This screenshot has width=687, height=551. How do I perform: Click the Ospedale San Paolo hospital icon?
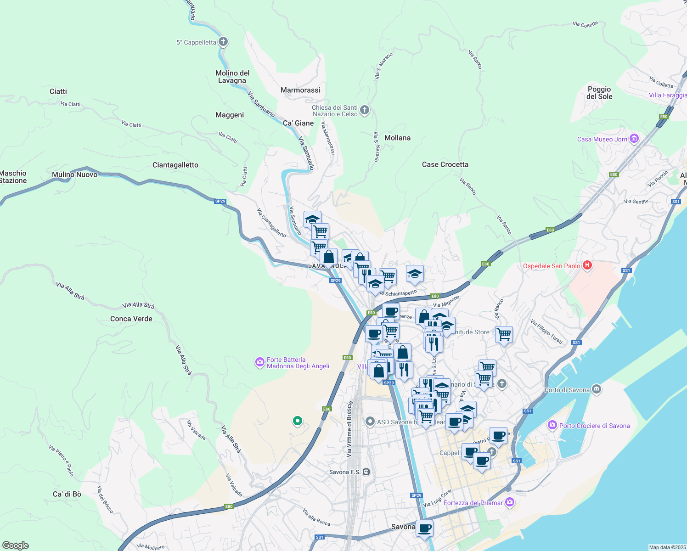pyautogui.click(x=587, y=265)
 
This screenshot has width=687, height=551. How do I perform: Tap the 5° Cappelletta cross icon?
pyautogui.click(x=223, y=42)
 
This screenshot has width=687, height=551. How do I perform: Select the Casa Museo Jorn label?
pyautogui.click(x=602, y=139)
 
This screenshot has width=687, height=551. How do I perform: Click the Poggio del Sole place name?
pyautogui.click(x=599, y=93)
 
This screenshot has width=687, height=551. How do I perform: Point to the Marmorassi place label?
pyautogui.click(x=300, y=90)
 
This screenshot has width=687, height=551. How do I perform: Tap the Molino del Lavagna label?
pyautogui.click(x=232, y=77)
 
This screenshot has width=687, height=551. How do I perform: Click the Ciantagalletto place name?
pyautogui.click(x=175, y=165)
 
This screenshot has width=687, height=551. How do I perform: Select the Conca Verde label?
pyautogui.click(x=131, y=319)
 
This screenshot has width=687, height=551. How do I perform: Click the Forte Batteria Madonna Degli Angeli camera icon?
pyautogui.click(x=260, y=363)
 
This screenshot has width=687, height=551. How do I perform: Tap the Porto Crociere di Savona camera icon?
pyautogui.click(x=552, y=425)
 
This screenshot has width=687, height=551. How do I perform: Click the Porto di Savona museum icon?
pyautogui.click(x=596, y=389)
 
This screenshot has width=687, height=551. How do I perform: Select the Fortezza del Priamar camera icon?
pyautogui.click(x=509, y=502)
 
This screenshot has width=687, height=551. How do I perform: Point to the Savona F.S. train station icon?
pyautogui.click(x=366, y=472)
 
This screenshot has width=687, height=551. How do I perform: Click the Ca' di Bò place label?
pyautogui.click(x=67, y=494)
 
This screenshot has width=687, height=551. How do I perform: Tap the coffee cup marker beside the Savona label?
pyautogui.click(x=424, y=528)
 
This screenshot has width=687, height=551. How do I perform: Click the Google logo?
pyautogui.click(x=15, y=545)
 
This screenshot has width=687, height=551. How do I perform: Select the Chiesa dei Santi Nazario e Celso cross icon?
pyautogui.click(x=365, y=110)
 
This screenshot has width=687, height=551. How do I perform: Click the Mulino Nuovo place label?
pyautogui.click(x=74, y=174)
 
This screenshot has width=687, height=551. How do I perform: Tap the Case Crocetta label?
pyautogui.click(x=445, y=164)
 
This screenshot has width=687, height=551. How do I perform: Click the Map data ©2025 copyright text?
pyautogui.click(x=667, y=547)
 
